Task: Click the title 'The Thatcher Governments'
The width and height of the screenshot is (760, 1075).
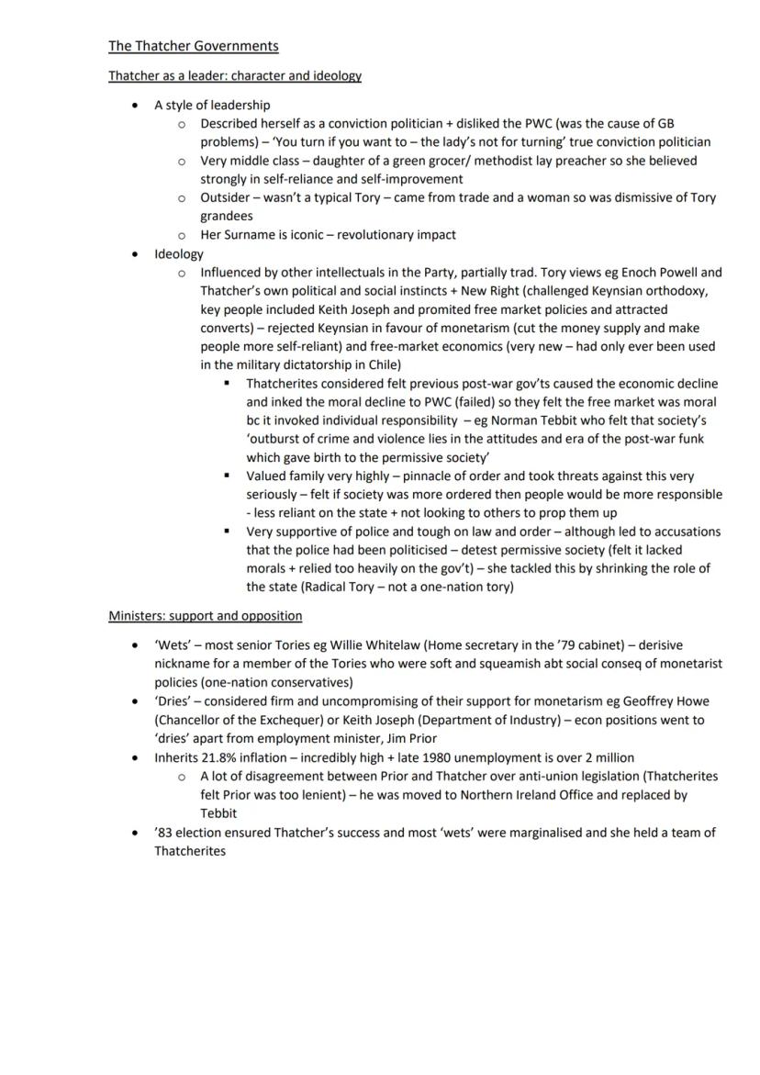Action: [193, 46]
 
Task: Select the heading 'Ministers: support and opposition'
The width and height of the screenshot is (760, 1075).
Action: [205, 615]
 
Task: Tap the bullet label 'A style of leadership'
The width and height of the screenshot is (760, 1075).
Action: [212, 105]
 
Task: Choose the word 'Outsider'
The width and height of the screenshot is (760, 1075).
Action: [226, 197]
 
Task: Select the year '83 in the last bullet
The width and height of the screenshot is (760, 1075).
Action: [163, 833]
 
